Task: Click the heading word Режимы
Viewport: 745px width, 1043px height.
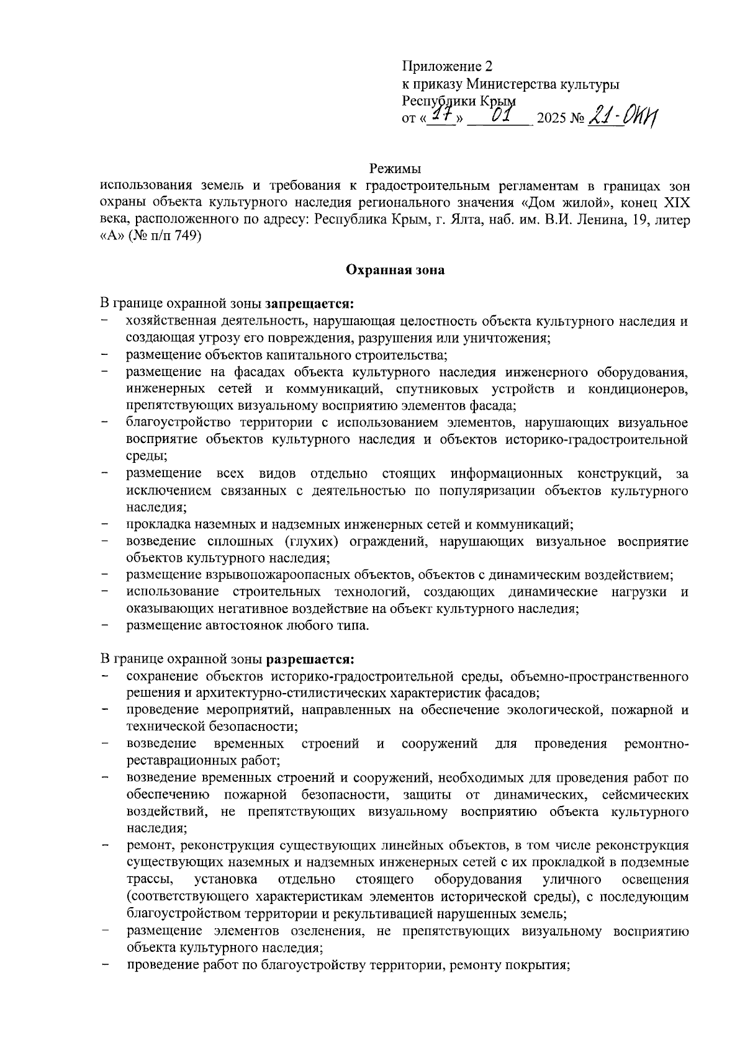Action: point(395,168)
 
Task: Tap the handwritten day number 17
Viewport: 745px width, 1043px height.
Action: point(441,115)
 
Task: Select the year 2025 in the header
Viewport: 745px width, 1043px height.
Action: point(553,119)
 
